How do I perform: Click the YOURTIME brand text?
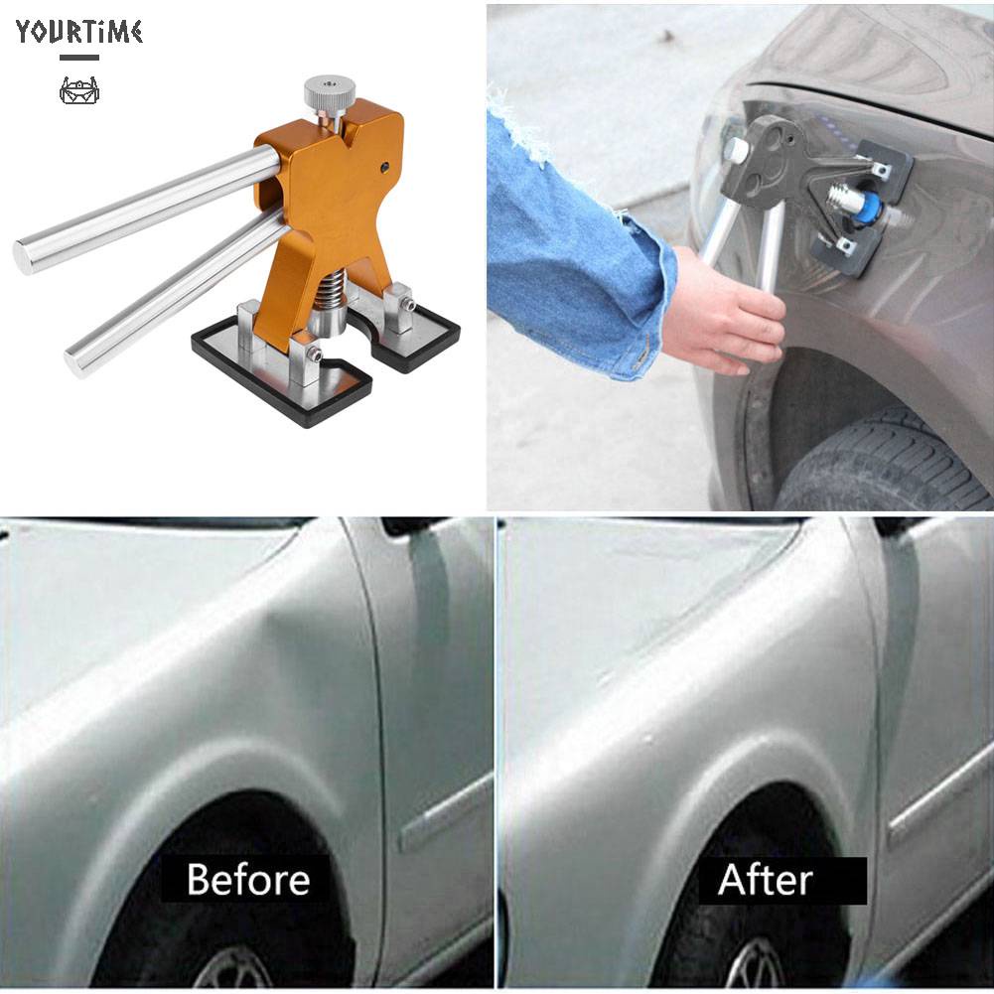coord(78,32)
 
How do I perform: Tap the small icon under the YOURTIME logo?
coord(78,92)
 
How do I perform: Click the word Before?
coord(247,879)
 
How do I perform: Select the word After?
coord(766,879)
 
